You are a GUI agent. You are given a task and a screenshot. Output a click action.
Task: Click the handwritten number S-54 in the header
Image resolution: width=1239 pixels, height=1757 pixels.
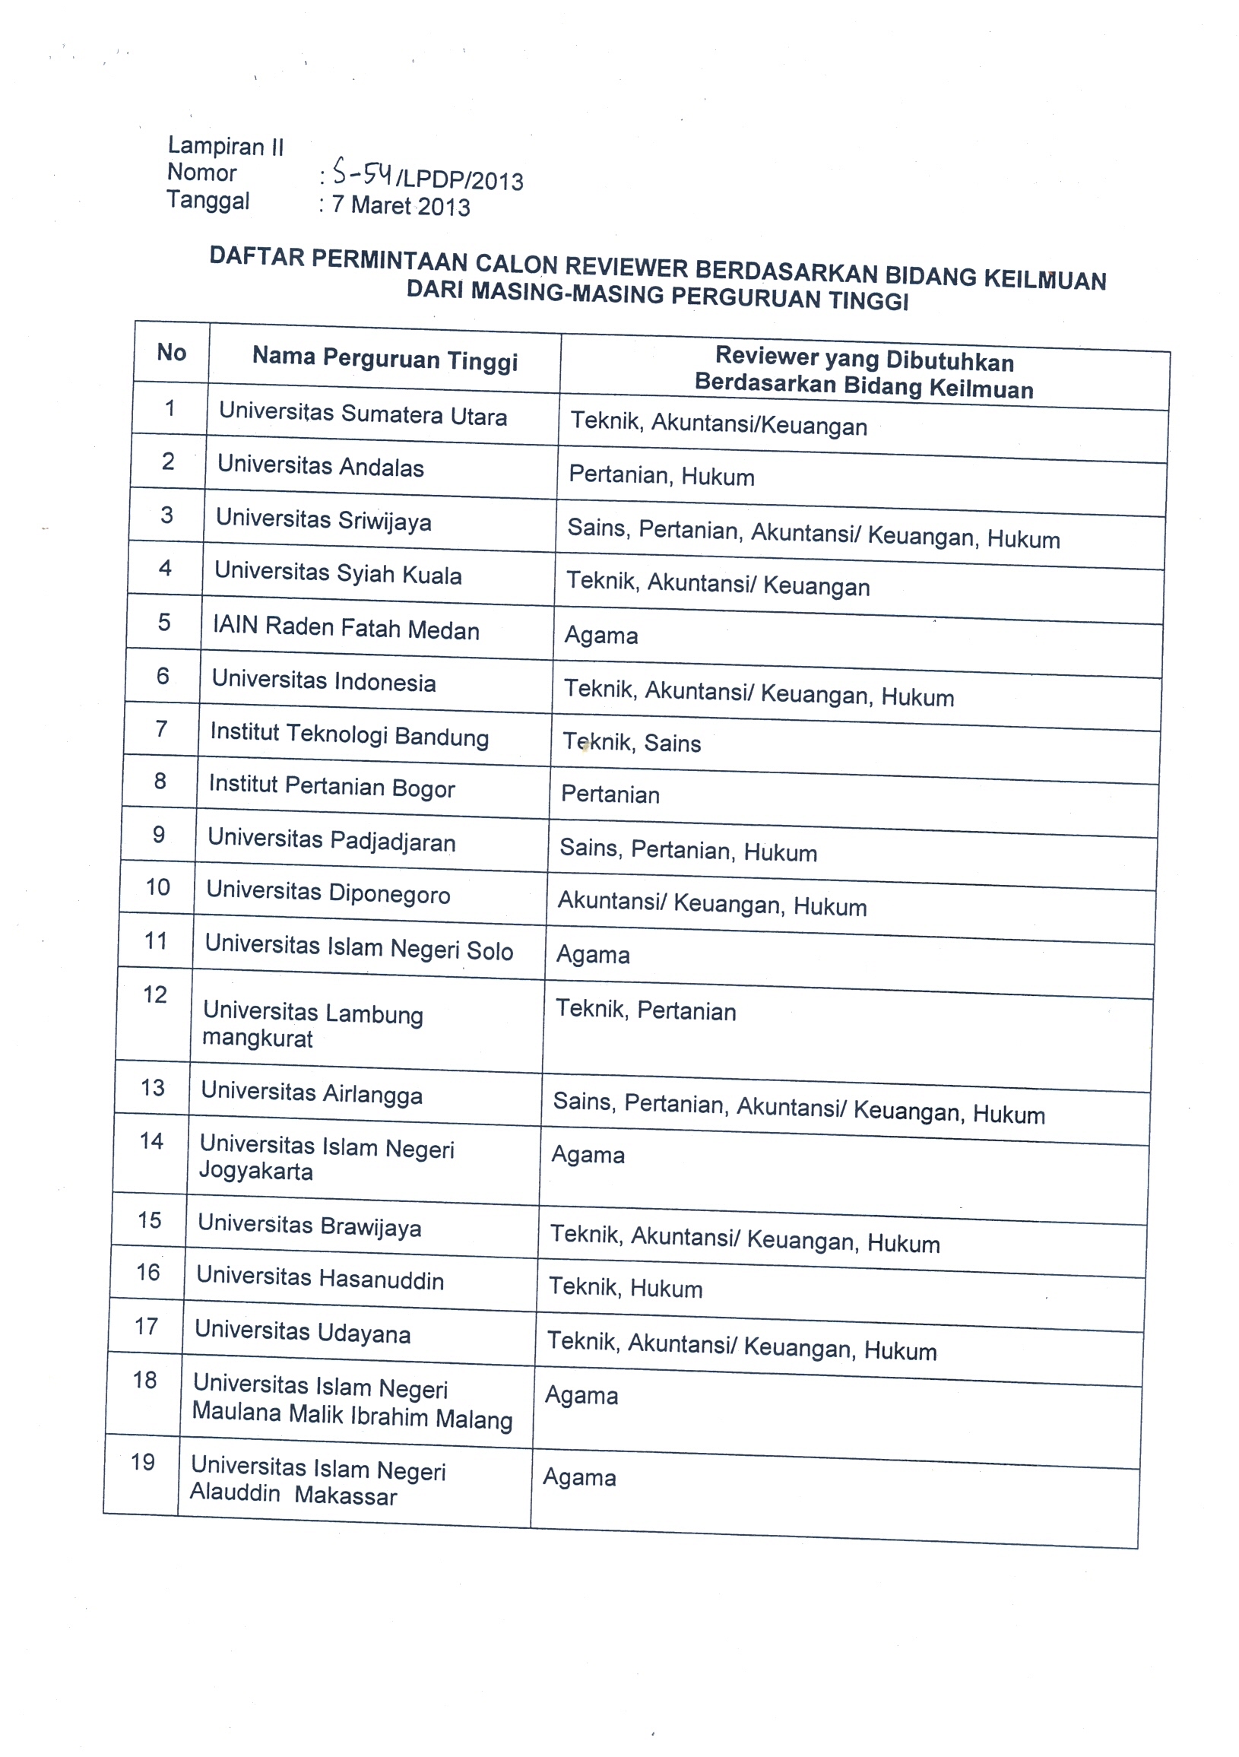(362, 174)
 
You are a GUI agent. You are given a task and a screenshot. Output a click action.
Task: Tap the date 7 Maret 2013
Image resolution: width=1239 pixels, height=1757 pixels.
(401, 206)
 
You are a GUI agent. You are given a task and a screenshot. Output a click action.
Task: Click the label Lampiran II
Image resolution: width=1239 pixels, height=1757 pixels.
(226, 145)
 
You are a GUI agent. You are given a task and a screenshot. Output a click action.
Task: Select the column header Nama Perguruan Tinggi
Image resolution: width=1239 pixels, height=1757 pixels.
(385, 359)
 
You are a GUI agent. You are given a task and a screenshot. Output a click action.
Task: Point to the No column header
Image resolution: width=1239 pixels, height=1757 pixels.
(172, 352)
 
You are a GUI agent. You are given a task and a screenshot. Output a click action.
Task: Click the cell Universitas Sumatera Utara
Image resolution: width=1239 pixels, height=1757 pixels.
(363, 414)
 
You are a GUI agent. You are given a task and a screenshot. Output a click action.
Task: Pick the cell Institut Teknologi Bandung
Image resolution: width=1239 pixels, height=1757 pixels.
(349, 734)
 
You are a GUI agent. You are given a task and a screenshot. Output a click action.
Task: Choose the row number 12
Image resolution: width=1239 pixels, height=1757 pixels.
(154, 994)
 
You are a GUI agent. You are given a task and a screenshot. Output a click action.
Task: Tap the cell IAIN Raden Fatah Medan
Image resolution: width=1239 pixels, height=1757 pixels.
(346, 628)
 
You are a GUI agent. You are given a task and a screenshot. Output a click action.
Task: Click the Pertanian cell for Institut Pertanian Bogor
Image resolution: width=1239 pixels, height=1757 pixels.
(610, 794)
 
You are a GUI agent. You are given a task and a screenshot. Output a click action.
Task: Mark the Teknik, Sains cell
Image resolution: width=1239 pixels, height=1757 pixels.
(632, 742)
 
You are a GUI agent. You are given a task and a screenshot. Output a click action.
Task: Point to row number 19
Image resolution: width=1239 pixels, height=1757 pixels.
(143, 1462)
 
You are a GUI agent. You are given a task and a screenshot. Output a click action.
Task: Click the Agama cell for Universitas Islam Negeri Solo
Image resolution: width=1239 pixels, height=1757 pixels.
(593, 955)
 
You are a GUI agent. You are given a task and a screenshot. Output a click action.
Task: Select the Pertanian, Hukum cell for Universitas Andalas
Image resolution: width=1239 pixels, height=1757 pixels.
(661, 476)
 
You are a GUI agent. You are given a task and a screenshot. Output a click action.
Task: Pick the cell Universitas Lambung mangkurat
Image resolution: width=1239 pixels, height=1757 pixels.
(312, 1025)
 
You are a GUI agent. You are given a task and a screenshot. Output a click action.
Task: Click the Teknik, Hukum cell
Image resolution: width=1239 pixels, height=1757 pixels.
(626, 1288)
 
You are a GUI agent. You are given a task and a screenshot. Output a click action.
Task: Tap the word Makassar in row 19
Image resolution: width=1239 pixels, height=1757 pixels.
(346, 1495)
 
